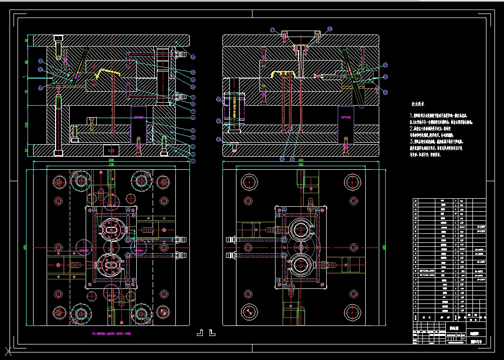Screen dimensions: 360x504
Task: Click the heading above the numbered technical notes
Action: (418, 104)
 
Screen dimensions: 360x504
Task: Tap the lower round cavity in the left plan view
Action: (111, 264)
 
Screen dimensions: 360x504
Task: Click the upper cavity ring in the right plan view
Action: (301, 230)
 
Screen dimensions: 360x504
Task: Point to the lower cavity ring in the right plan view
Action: (301, 264)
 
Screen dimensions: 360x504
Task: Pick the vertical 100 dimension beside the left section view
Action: (27, 124)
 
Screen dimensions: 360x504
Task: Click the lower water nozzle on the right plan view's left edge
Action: (231, 255)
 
